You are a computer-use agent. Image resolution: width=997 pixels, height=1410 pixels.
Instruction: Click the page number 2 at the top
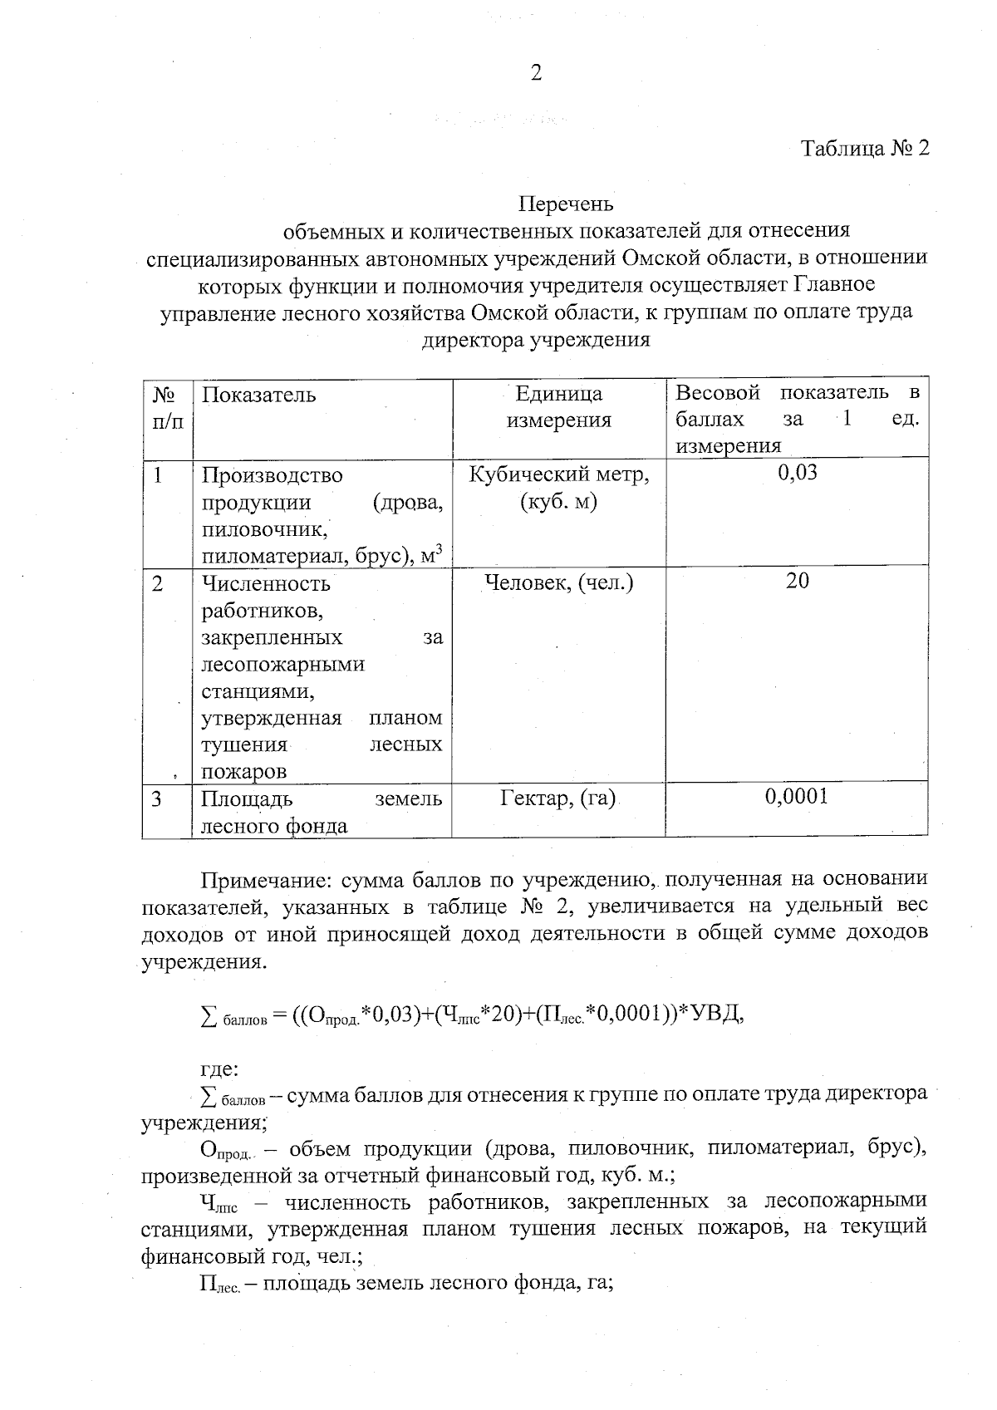[x=536, y=74]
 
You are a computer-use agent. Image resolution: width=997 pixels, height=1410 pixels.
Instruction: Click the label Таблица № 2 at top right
[x=864, y=149]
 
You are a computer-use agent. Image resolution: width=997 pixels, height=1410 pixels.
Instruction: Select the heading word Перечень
[x=566, y=203]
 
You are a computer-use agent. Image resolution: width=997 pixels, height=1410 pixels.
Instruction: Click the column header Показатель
[x=258, y=395]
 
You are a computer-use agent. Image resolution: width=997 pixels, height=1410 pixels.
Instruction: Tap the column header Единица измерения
[x=558, y=406]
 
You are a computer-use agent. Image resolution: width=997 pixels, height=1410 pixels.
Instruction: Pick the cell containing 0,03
[x=797, y=473]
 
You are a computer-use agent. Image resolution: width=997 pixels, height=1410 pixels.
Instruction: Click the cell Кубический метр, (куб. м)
[x=558, y=489]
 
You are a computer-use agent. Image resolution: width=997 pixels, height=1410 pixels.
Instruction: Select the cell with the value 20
[x=797, y=581]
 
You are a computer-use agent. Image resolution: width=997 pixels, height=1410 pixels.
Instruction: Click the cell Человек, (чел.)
[x=558, y=582]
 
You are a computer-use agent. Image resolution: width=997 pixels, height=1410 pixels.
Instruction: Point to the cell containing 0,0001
[x=797, y=797]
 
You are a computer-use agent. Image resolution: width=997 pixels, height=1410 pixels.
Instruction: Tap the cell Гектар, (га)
[x=558, y=798]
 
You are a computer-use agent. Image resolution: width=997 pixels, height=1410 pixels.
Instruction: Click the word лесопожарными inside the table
[x=282, y=664]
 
